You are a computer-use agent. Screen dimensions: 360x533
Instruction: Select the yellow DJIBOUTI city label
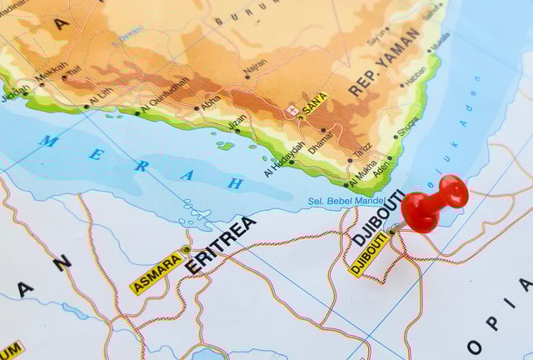coord(369,253)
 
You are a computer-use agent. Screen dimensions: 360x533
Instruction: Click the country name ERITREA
coord(220,245)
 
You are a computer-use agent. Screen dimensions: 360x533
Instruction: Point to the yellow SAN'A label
coord(315,105)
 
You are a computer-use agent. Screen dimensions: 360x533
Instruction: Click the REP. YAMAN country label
coord(384,62)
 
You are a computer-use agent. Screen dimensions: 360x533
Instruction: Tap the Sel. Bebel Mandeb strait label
coord(345,201)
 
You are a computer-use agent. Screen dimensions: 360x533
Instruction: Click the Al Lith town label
coord(100,96)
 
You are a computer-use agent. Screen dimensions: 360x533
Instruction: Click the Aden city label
coord(381,167)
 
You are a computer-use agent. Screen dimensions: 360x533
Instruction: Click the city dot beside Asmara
coord(187,249)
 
